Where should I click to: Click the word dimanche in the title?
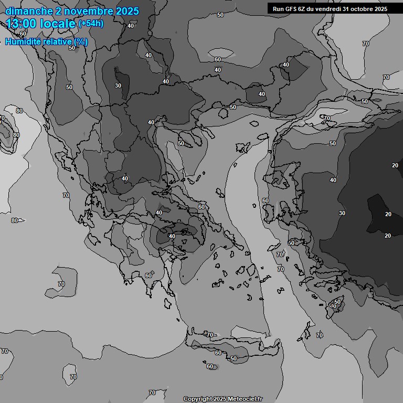[x=28, y=11]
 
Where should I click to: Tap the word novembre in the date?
[x=88, y=11]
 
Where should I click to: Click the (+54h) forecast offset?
[x=91, y=24]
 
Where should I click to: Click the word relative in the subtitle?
[x=58, y=42]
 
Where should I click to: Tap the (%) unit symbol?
[x=81, y=42]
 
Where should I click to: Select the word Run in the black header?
[x=279, y=9]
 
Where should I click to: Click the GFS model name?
[x=291, y=9]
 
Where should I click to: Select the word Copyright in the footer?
[x=198, y=399]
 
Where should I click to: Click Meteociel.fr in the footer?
[x=246, y=399]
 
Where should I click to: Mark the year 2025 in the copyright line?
[x=220, y=399]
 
